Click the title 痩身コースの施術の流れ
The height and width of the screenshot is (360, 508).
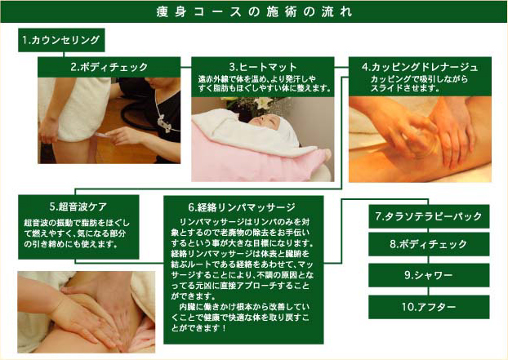tap(254, 12)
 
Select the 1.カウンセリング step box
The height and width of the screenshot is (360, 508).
tap(61, 40)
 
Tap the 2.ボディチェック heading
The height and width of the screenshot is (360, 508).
tap(109, 67)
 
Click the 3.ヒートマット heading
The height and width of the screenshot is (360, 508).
tap(263, 67)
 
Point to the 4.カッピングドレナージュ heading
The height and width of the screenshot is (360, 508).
tap(420, 67)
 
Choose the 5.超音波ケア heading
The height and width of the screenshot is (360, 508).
tap(78, 207)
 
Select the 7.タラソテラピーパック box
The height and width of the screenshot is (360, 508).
tap(429, 216)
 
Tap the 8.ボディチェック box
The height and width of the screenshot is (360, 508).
tap(429, 244)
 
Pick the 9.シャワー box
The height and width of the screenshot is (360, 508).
tap(429, 275)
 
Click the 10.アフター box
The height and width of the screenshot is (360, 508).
tap(429, 307)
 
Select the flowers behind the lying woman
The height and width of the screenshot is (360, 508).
tap(259, 104)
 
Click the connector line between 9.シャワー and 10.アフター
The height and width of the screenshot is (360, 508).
tap(429, 291)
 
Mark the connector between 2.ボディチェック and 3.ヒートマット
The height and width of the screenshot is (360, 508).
tap(186, 67)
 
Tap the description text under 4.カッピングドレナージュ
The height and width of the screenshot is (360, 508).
tap(419, 83)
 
